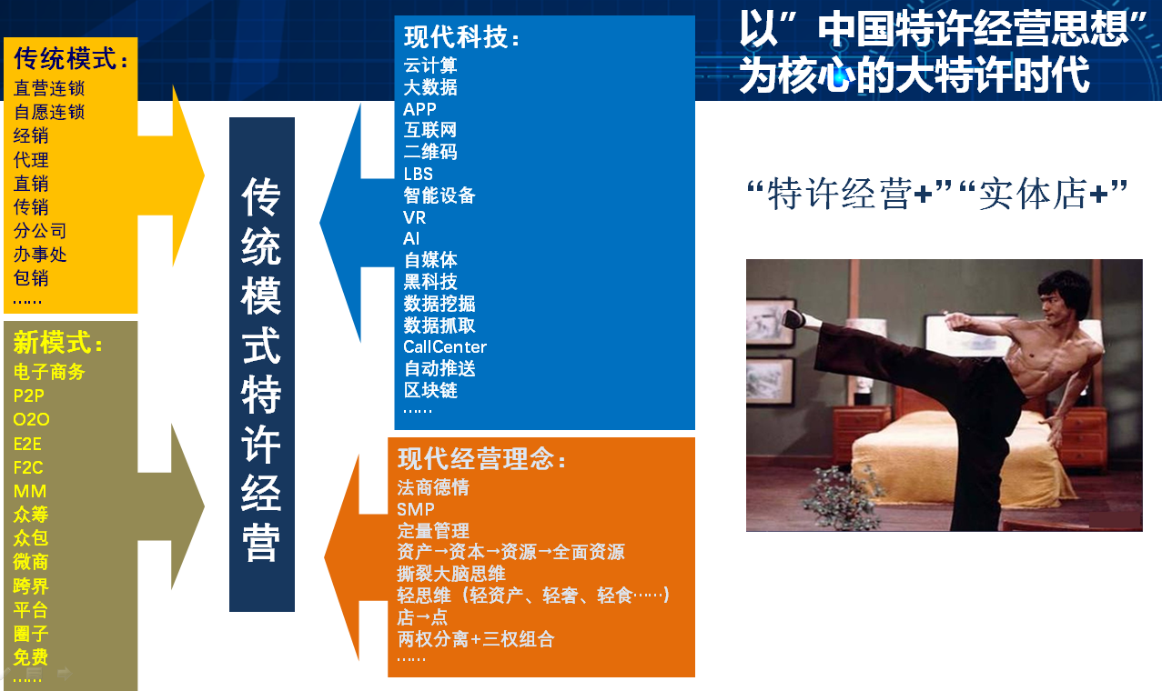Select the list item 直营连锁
49,88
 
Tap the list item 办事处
40,255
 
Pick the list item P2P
29,396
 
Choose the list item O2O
31,419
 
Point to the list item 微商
31,562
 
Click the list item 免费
31,657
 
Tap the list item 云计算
430,65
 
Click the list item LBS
418,175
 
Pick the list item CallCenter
445,346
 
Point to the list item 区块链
430,390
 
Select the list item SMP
416,509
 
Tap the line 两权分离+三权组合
476,639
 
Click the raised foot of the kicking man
793,317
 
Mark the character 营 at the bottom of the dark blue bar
261,543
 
